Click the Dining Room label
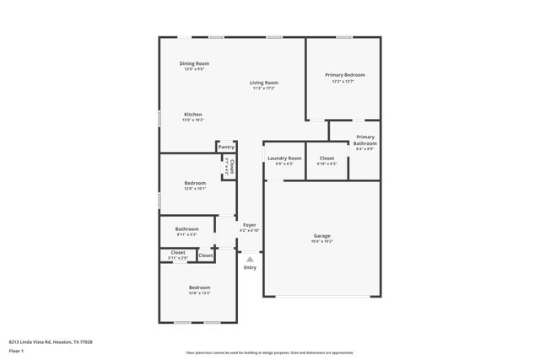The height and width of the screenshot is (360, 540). click(x=194, y=63)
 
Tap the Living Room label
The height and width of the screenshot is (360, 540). click(x=264, y=83)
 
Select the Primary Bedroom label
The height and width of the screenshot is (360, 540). click(x=345, y=75)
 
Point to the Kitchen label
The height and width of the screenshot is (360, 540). click(x=193, y=115)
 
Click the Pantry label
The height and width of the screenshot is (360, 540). click(x=226, y=147)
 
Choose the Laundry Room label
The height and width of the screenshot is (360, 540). click(x=284, y=159)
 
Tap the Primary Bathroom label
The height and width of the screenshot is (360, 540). click(x=365, y=140)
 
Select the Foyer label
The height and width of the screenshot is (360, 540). click(x=250, y=225)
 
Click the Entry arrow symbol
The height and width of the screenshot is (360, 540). click(x=250, y=260)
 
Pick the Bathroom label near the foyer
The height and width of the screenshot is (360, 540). click(x=187, y=228)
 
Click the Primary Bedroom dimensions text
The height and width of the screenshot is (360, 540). click(x=345, y=81)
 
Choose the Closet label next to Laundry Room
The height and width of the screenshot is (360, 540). click(x=327, y=159)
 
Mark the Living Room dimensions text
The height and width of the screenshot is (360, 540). click(x=264, y=89)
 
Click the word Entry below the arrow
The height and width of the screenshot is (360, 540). click(x=250, y=268)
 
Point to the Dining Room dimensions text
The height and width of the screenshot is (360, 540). click(x=194, y=69)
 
